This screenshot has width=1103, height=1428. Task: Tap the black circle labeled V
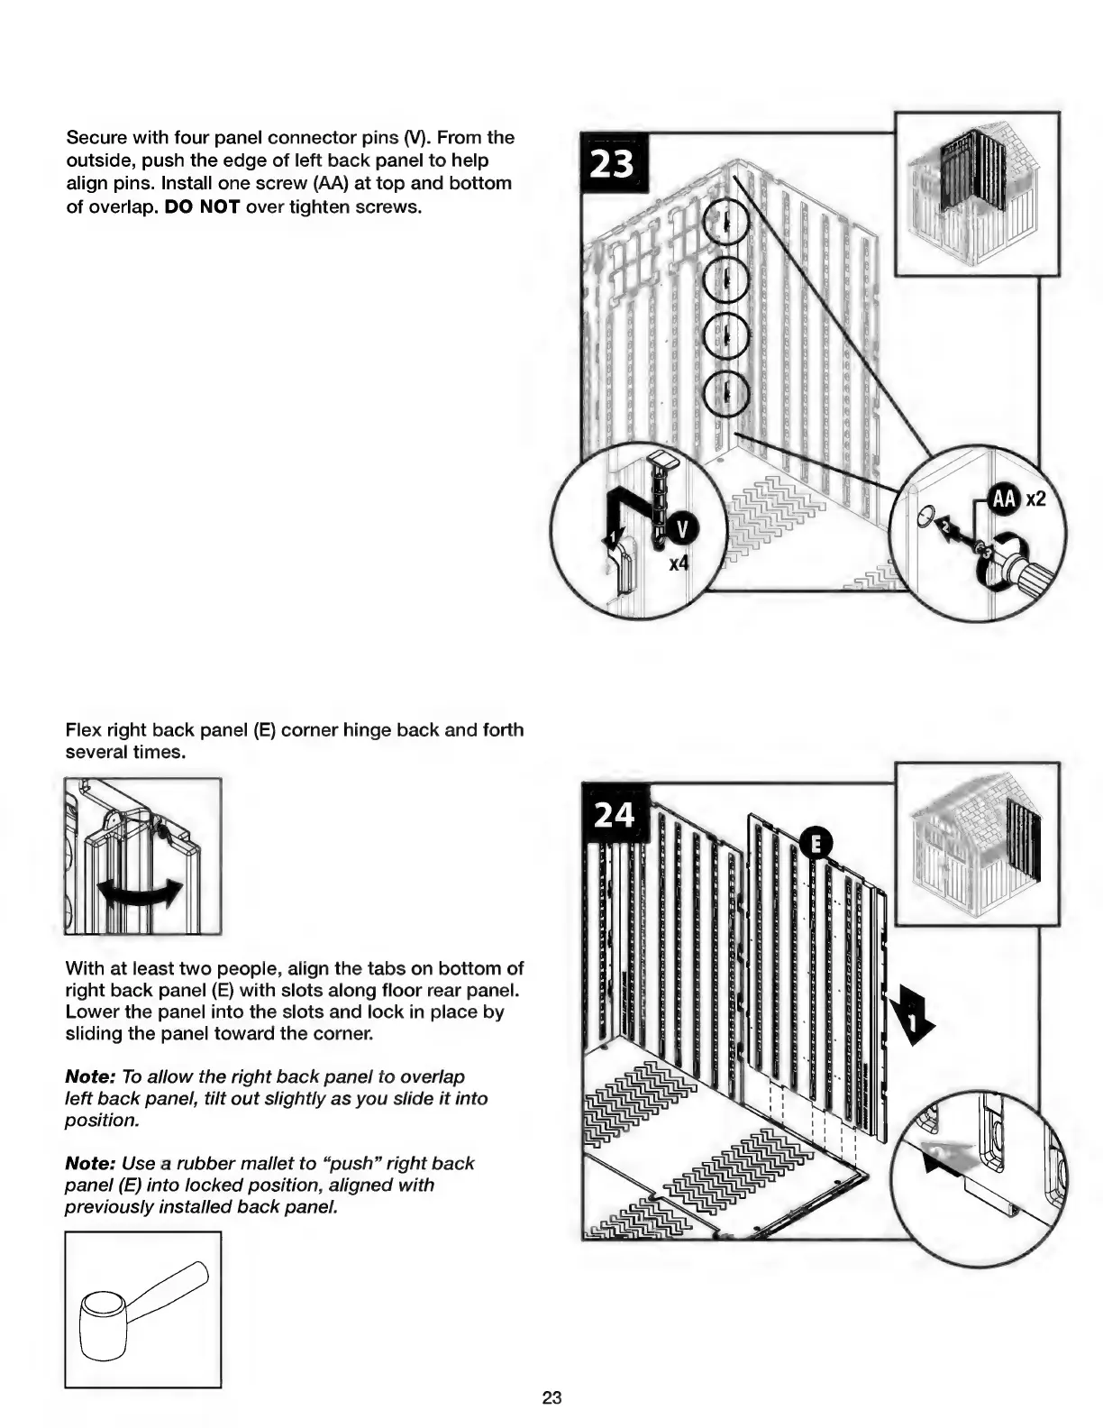tap(682, 530)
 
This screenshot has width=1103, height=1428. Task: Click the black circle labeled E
tap(816, 843)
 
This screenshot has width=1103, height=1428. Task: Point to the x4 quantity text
tap(679, 565)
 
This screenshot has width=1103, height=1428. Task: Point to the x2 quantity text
tap(1035, 498)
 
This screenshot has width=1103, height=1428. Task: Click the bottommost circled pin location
tap(725, 392)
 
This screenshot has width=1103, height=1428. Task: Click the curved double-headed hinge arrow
tap(141, 895)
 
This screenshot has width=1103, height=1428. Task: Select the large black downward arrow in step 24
tap(912, 1014)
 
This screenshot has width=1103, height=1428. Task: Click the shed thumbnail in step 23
tap(976, 193)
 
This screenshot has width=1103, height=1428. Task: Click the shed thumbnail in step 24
tap(976, 844)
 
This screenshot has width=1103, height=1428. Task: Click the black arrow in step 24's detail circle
tap(946, 1156)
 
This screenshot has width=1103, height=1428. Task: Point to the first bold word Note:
tap(90, 1076)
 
